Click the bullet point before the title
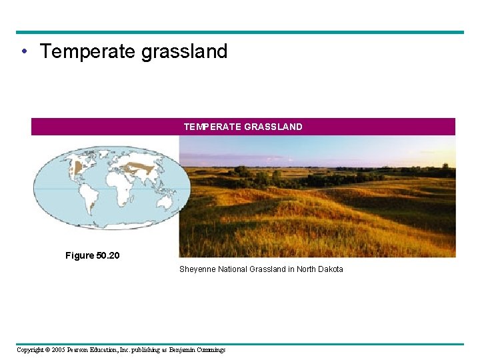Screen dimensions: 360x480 click(x=23, y=52)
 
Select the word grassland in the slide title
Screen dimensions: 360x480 click(x=184, y=51)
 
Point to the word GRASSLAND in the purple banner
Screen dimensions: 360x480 click(x=273, y=127)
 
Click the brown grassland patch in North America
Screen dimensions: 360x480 click(x=79, y=167)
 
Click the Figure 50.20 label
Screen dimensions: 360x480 click(x=92, y=255)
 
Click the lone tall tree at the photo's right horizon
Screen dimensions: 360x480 click(x=445, y=167)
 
